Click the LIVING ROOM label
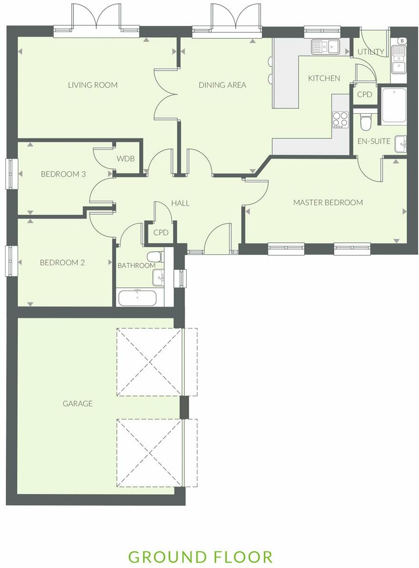pos(92,85)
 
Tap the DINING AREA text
pos(222,85)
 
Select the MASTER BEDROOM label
pos(328,202)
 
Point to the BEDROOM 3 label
pos(63,174)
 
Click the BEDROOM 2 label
pos(62,262)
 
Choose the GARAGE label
pos(77,403)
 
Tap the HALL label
pos(180,203)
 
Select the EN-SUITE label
pos(374,141)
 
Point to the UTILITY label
pos(370,51)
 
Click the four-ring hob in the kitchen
pos(340,119)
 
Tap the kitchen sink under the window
pos(325,46)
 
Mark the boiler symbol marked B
pos(402,41)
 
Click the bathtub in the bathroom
pos(138,298)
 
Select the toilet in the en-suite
pos(366,122)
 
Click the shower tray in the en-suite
pos(394,104)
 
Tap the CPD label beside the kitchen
pos(364,95)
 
